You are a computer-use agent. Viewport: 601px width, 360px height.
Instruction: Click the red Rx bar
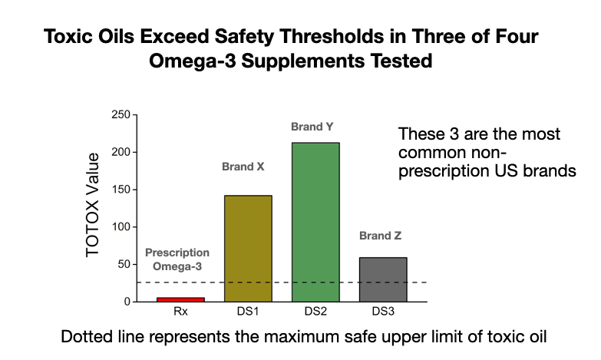[180, 299]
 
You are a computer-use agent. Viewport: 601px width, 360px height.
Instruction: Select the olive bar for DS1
[247, 248]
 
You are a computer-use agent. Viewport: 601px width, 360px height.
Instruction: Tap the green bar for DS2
[315, 222]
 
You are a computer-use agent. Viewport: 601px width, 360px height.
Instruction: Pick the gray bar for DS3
[382, 279]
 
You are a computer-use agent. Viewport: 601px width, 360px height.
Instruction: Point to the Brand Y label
[312, 127]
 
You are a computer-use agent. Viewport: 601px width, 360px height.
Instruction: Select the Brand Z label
[380, 236]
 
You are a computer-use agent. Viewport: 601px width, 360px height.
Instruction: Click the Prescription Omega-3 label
[177, 259]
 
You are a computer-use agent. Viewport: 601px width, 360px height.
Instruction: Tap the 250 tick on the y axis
[121, 115]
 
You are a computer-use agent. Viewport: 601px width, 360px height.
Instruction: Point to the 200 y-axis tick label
[121, 152]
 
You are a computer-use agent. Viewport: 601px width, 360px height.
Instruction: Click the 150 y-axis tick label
[121, 190]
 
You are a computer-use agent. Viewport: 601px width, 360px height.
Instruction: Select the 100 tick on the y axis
[121, 227]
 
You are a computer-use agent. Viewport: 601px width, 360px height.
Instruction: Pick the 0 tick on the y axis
[127, 302]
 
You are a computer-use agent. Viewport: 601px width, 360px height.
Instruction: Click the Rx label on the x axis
[180, 313]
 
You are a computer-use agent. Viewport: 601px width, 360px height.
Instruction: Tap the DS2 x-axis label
[315, 313]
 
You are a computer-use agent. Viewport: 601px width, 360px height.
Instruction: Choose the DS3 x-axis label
[382, 313]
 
